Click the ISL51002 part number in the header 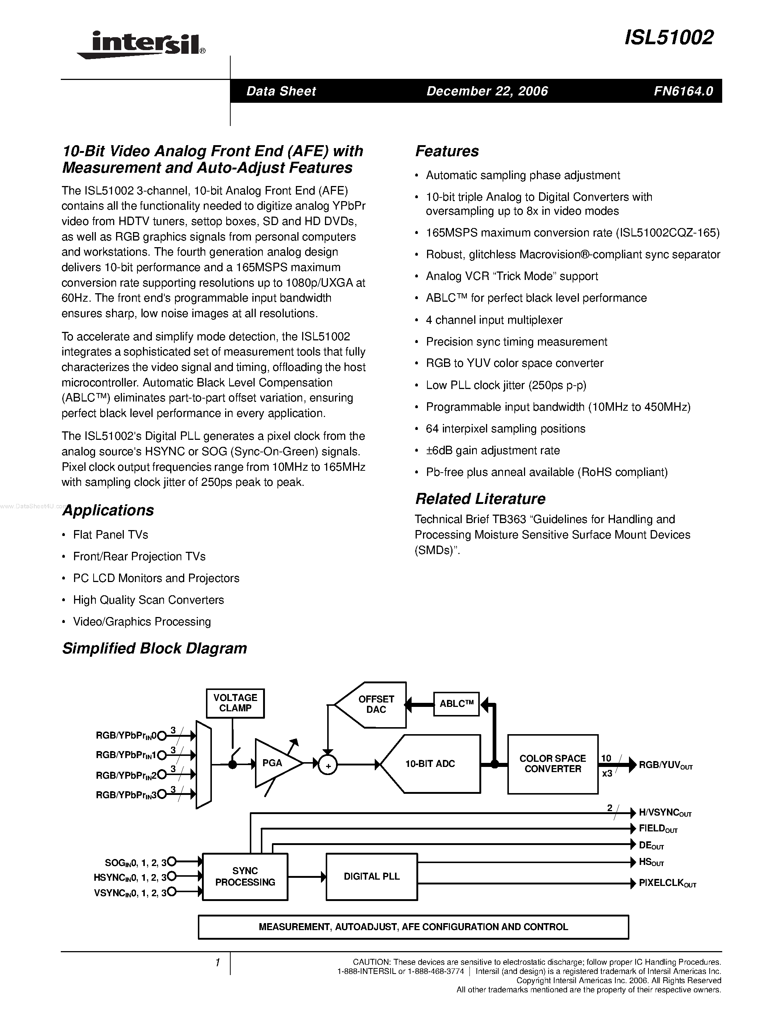click(x=669, y=38)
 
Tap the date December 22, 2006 click(x=487, y=91)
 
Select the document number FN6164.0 click(x=683, y=91)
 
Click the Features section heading click(x=447, y=151)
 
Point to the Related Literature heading click(x=480, y=499)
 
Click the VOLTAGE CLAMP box click(x=235, y=703)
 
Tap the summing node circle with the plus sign click(x=328, y=766)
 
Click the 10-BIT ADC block click(x=430, y=764)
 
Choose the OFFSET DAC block click(x=375, y=705)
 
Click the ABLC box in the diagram click(x=456, y=704)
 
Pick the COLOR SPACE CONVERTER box click(x=552, y=764)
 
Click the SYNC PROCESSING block click(x=245, y=877)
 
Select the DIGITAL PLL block click(x=371, y=877)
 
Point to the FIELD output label click(x=658, y=828)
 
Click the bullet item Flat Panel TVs click(x=111, y=535)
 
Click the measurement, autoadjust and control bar click(x=413, y=927)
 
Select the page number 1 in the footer click(x=217, y=963)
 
